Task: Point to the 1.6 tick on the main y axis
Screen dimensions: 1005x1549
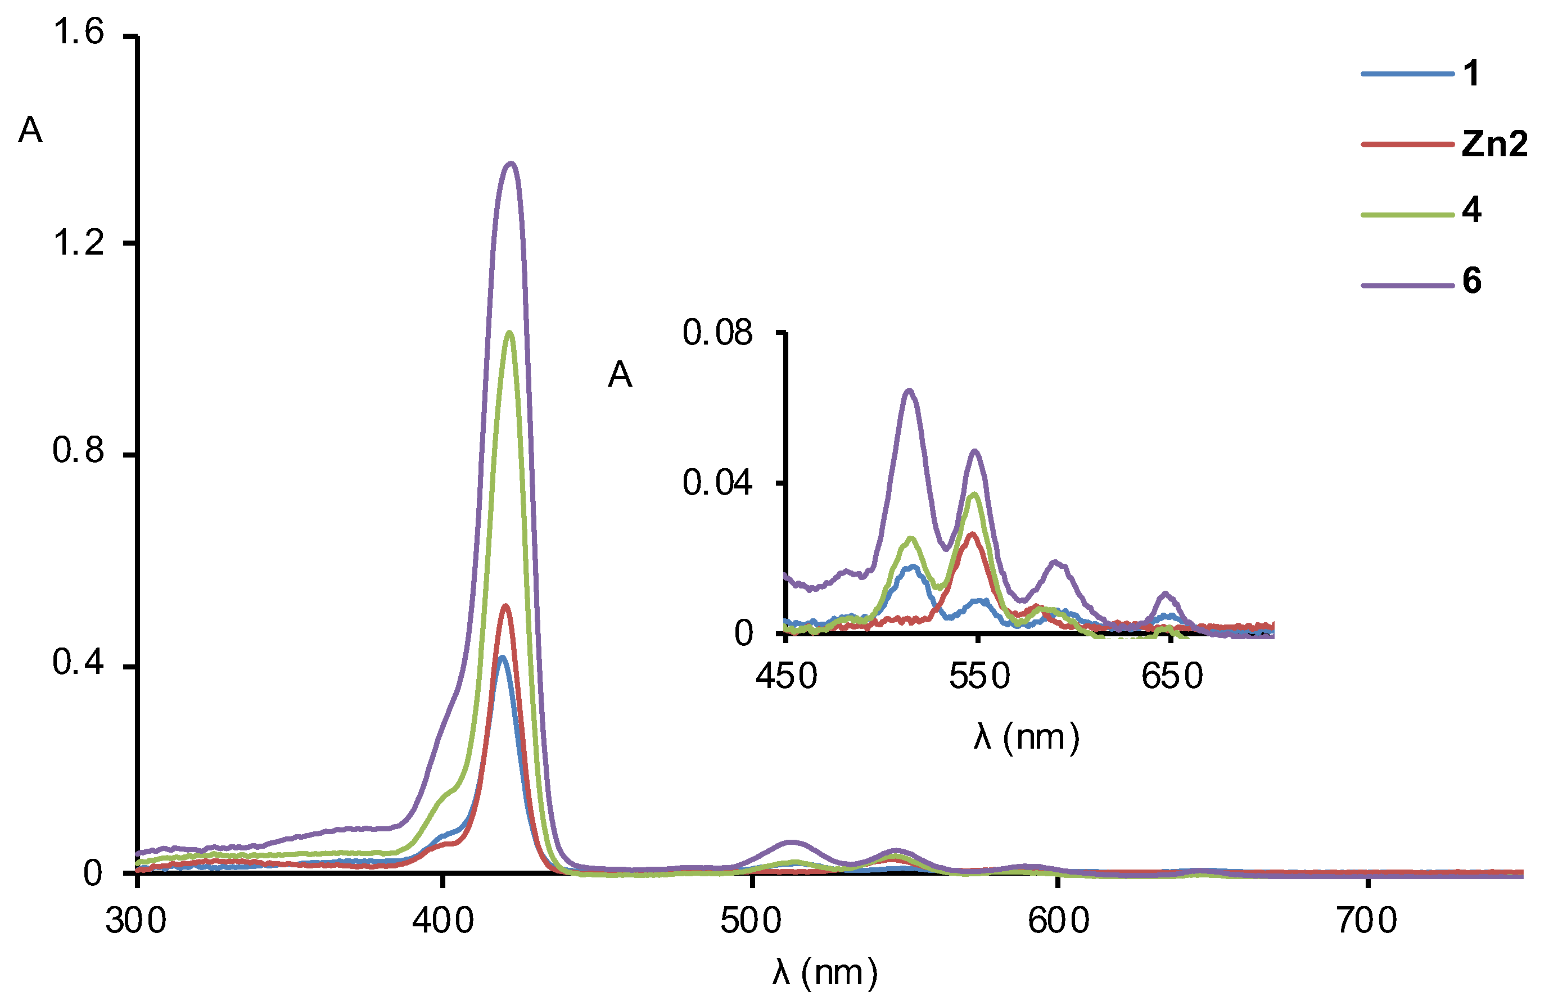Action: click(x=78, y=33)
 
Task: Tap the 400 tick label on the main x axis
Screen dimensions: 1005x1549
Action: click(x=442, y=921)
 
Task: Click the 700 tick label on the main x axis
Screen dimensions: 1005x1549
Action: click(x=1367, y=921)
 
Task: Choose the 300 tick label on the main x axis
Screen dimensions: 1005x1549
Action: click(x=136, y=921)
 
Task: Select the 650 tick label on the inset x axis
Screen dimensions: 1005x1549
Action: click(x=1172, y=677)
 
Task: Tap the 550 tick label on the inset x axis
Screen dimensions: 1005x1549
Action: click(x=979, y=677)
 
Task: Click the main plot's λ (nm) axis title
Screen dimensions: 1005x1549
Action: click(x=825, y=973)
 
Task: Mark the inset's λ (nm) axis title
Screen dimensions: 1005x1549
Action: click(x=1026, y=737)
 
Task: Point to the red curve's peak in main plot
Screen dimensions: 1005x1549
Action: click(x=505, y=606)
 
